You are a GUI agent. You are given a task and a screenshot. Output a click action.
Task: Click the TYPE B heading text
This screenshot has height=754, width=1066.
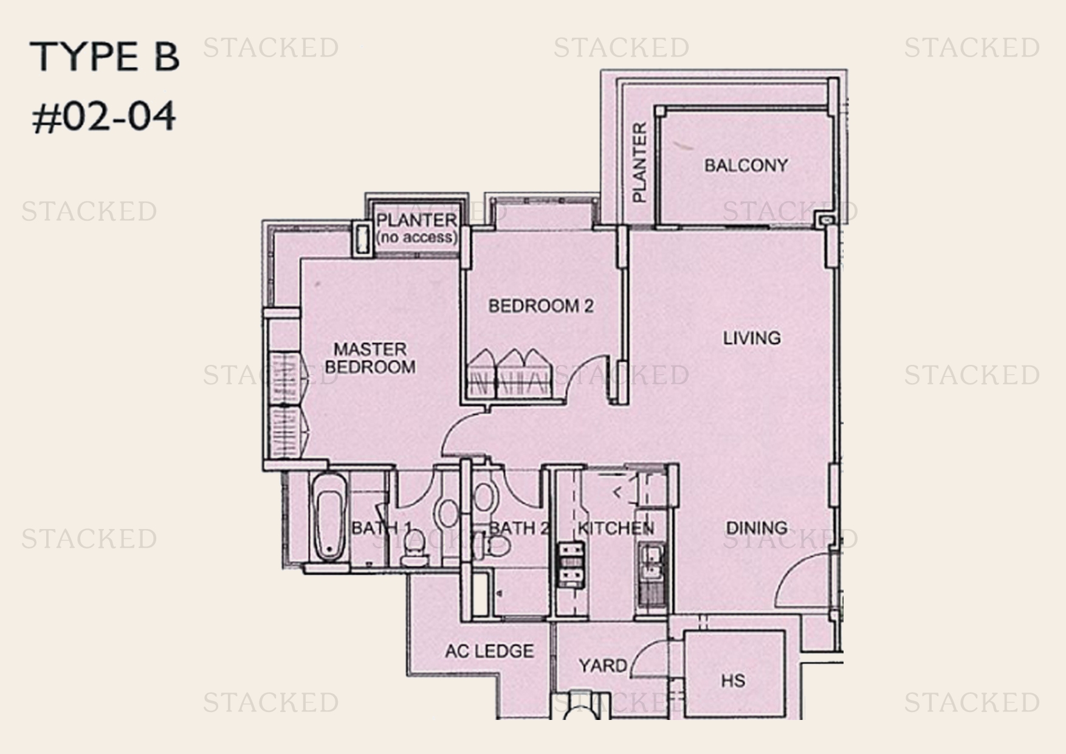[105, 57]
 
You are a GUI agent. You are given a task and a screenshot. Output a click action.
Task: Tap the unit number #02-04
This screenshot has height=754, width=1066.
[104, 117]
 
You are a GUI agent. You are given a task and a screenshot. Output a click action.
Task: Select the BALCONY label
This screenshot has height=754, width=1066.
[746, 165]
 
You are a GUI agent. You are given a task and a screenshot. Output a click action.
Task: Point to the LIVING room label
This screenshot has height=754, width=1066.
[751, 338]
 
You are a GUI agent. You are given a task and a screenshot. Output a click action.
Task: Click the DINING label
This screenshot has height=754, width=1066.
[757, 528]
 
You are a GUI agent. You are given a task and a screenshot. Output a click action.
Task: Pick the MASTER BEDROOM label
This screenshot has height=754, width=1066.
[370, 358]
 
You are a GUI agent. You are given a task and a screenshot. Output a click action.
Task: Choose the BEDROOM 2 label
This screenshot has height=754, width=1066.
[540, 306]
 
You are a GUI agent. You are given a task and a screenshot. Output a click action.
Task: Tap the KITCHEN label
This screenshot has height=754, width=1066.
[615, 528]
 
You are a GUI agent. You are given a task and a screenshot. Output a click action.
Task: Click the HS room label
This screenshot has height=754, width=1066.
[732, 680]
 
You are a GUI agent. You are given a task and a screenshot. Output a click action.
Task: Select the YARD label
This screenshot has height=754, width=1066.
[602, 666]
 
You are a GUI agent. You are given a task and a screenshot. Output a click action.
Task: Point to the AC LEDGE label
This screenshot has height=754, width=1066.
[489, 651]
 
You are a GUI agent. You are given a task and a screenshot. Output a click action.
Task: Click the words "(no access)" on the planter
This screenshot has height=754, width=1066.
[416, 238]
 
